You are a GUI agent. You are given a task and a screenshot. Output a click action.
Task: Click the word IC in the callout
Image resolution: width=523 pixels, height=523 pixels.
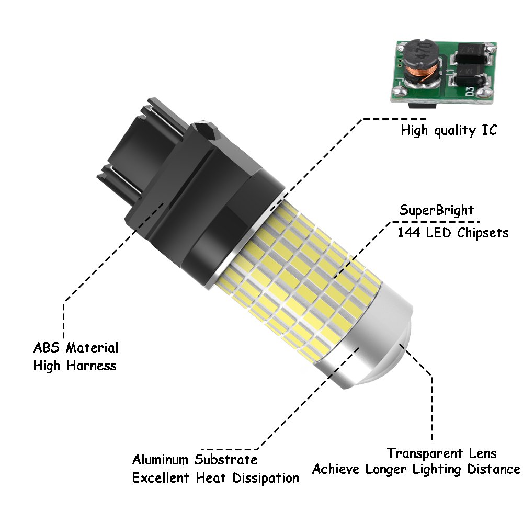(488, 130)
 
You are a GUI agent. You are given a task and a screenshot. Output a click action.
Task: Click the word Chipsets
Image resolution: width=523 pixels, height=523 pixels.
(482, 233)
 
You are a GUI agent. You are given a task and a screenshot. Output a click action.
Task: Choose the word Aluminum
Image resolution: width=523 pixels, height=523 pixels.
(161, 460)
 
